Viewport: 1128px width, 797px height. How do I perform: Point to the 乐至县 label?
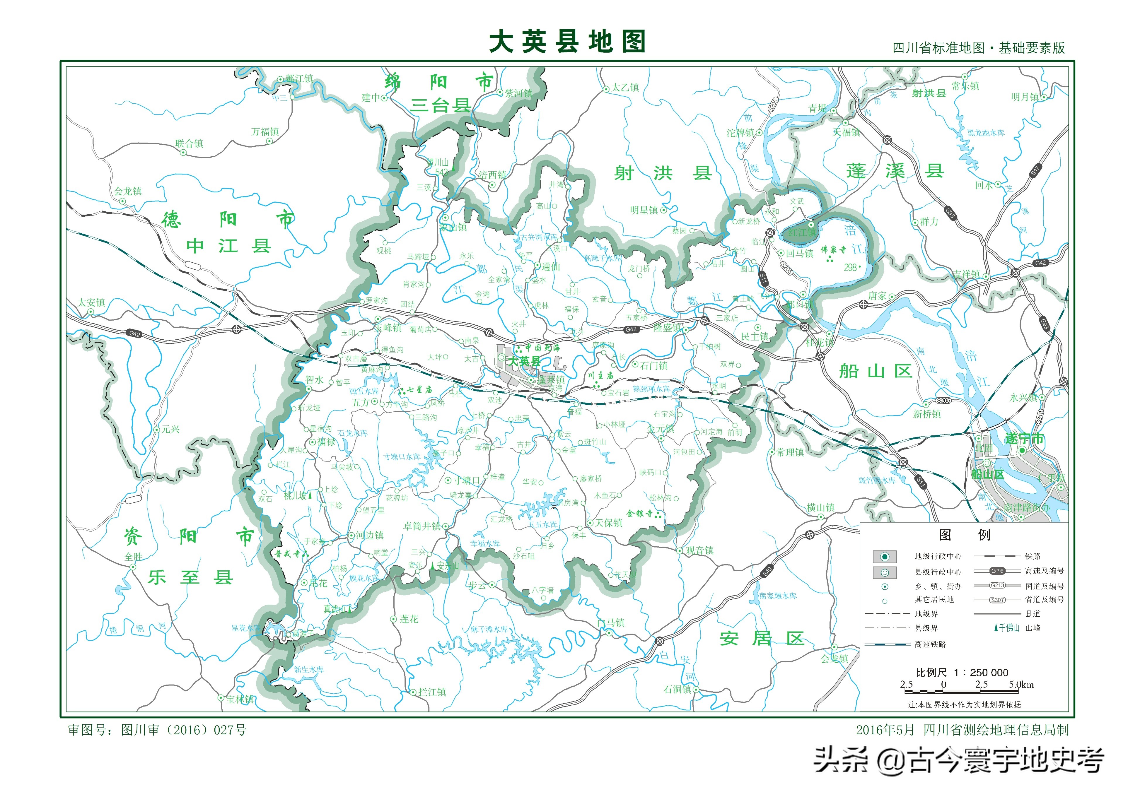tap(190, 577)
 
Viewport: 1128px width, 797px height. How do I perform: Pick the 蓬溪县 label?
tap(895, 171)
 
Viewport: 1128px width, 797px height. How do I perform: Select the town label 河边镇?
tap(369, 535)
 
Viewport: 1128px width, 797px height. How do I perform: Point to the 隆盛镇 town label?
tap(667, 328)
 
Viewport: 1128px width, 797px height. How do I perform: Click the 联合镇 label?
tap(189, 143)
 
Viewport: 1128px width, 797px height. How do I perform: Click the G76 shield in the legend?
tap(997, 571)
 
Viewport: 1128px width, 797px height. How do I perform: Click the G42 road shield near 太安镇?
tap(134, 333)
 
